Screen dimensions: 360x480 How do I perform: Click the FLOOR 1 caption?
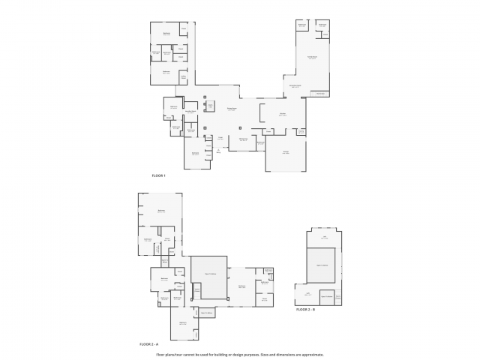[158, 175]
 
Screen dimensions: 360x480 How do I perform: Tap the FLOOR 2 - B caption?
[305, 309]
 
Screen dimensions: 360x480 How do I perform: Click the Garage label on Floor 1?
[286, 152]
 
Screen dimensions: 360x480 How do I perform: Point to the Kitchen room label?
[283, 114]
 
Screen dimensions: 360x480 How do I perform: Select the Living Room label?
[232, 109]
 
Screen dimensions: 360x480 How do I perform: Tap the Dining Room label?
[244, 139]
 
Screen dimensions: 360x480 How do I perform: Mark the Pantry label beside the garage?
[301, 132]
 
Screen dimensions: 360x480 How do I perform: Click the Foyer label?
[220, 138]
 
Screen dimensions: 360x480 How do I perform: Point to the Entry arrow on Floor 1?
[219, 151]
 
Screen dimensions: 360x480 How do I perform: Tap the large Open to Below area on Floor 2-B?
[322, 265]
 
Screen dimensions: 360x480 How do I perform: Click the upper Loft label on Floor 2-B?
[325, 238]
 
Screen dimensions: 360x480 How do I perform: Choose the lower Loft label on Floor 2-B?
[307, 294]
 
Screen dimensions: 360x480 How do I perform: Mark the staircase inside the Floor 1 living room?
[211, 106]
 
